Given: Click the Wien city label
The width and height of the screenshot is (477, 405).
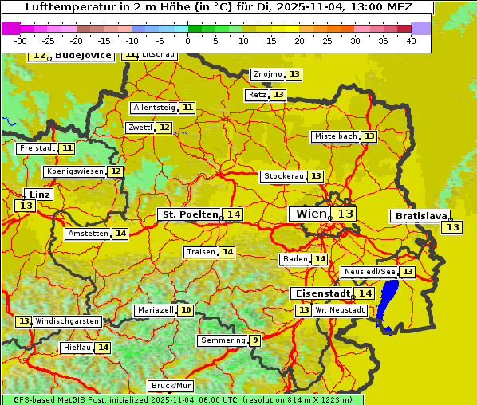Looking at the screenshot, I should pyautogui.click(x=310, y=214).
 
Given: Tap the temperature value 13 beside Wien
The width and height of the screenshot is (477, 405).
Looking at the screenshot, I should pyautogui.click(x=345, y=214).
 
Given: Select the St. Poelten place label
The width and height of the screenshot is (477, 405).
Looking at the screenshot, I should pyautogui.click(x=190, y=214).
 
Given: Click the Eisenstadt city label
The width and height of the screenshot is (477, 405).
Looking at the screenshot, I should pyautogui.click(x=320, y=293).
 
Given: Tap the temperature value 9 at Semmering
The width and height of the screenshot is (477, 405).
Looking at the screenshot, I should pyautogui.click(x=254, y=340).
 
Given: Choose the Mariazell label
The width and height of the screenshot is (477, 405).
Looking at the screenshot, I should pyautogui.click(x=155, y=310).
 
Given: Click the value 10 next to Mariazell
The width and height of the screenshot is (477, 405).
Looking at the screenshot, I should pyautogui.click(x=186, y=310).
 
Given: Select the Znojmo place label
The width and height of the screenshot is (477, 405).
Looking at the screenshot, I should pyautogui.click(x=267, y=74).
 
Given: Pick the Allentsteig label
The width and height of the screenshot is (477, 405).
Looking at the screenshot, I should pyautogui.click(x=154, y=108).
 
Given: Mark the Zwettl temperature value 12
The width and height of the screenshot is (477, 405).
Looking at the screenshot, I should pyautogui.click(x=164, y=128).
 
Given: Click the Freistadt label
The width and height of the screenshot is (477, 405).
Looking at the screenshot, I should pyautogui.click(x=37, y=148).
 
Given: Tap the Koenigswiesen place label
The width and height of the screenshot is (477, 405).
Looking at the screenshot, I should pyautogui.click(x=74, y=171).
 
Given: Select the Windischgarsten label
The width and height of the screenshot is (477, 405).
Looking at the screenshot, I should pyautogui.click(x=67, y=321).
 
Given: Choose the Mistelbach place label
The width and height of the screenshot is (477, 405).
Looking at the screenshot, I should pyautogui.click(x=335, y=136).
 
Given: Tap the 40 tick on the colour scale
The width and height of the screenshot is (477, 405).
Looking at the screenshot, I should pyautogui.click(x=411, y=41).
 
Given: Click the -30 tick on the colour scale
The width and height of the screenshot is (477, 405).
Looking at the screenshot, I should pyautogui.click(x=21, y=41).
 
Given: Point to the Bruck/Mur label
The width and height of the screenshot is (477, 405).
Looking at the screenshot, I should pyautogui.click(x=171, y=386).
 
